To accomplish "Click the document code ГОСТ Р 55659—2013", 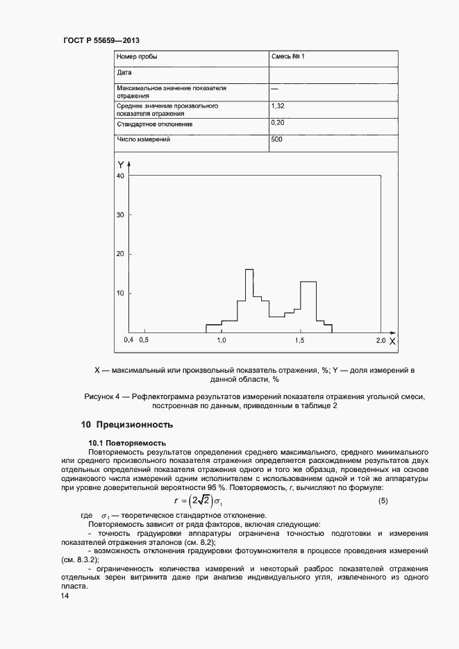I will tap(97, 41).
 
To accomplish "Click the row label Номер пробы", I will tap(137, 56).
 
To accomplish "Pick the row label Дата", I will tap(124, 72).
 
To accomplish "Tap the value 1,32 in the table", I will tap(277, 106).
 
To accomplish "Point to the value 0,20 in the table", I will tap(277, 123).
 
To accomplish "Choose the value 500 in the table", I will tap(276, 140).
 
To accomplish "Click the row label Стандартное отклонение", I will tap(155, 124).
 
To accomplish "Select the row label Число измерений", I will tap(144, 140).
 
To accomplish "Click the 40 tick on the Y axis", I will tap(120, 176).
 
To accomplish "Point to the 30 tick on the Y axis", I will tap(120, 215).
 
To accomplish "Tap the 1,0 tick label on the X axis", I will tap(222, 341).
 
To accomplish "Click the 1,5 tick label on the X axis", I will tap(301, 341).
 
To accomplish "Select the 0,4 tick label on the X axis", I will tap(128, 341).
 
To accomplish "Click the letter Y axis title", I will tap(121, 165).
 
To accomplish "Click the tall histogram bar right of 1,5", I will tap(308, 305).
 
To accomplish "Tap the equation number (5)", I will tap(383, 500).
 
